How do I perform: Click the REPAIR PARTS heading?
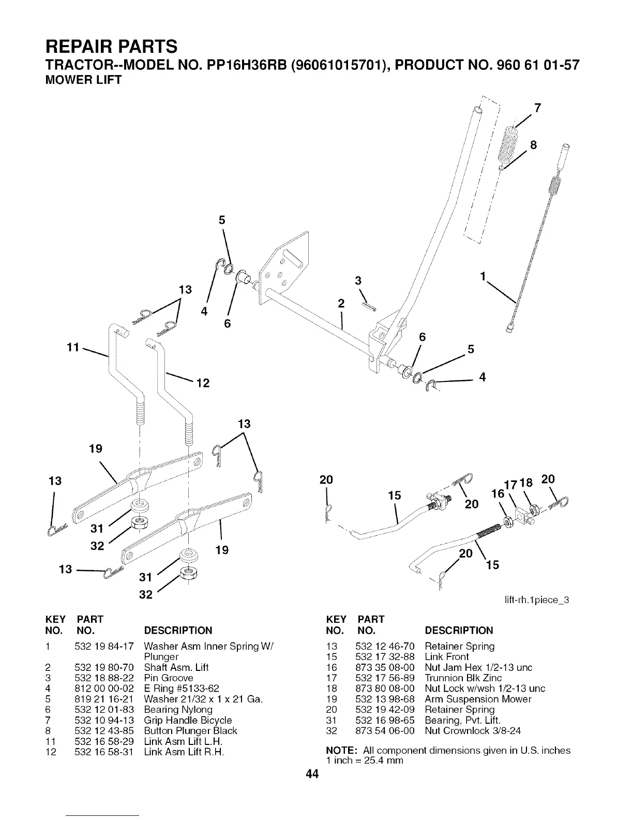[x=112, y=47]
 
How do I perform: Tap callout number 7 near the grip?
[x=538, y=108]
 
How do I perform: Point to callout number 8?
[x=534, y=145]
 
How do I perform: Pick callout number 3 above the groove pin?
[x=357, y=281]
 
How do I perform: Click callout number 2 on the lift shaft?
[x=341, y=304]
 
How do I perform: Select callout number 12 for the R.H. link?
[x=203, y=384]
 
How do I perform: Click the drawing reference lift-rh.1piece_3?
[x=539, y=601]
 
